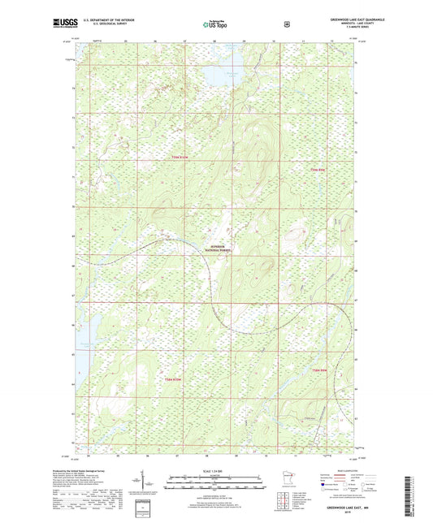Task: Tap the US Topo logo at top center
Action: (216, 24)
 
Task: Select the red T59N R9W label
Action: (318, 169)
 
